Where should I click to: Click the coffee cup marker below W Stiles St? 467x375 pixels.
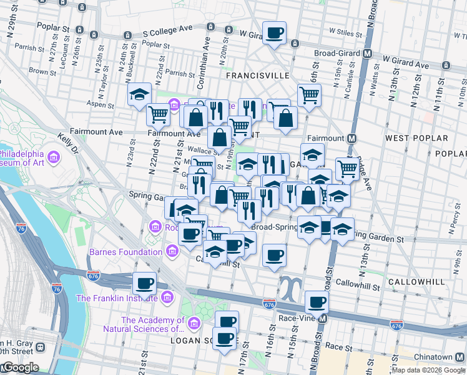[274, 32]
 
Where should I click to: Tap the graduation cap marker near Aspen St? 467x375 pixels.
[139, 95]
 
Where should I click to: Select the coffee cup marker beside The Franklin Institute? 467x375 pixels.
[145, 284]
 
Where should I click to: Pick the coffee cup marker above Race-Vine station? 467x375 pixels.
[317, 303]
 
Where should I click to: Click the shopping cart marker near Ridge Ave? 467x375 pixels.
[347, 167]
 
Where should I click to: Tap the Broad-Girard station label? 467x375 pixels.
[335, 54]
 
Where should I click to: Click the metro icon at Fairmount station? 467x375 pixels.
[352, 138]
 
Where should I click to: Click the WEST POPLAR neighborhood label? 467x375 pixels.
[416, 137]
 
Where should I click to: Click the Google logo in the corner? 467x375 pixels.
[20, 367]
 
